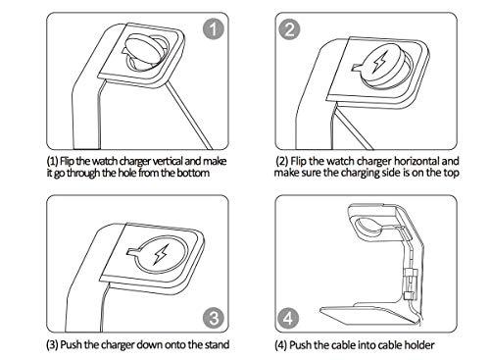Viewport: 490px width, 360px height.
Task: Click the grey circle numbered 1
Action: click(214, 29)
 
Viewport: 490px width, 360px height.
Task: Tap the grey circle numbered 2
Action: click(289, 29)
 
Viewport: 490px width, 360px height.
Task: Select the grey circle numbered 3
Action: click(214, 318)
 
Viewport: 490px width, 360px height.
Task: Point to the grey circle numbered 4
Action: click(288, 318)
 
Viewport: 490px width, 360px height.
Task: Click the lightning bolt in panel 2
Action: click(380, 62)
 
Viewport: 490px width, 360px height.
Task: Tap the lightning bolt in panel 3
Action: click(162, 254)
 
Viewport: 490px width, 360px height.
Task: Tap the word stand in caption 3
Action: click(217, 344)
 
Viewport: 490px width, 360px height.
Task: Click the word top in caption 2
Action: click(451, 173)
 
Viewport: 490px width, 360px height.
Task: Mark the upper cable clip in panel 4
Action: click(411, 274)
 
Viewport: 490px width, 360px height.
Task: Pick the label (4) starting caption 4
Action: click(280, 345)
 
